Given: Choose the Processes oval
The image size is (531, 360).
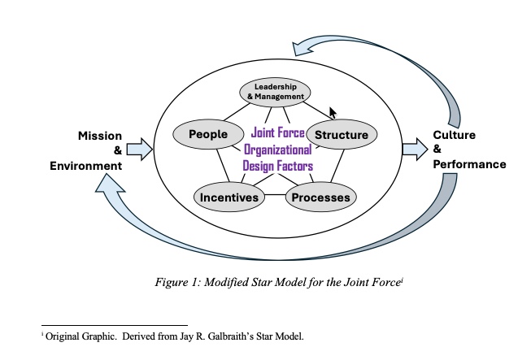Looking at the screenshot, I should point(321,197).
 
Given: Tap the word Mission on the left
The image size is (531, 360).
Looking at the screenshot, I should point(100,135).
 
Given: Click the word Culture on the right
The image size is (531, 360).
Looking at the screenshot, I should point(454,135).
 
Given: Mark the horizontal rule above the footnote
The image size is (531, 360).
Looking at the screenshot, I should point(114,324).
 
